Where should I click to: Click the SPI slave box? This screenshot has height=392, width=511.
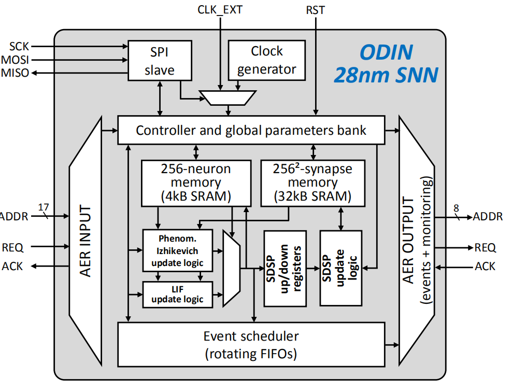[159, 61]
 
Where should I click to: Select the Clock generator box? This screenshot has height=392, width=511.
[266, 61]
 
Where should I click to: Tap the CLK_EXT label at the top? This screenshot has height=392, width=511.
[220, 9]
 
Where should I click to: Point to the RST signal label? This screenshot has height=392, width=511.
[316, 9]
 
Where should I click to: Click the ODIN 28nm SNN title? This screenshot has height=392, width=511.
[386, 63]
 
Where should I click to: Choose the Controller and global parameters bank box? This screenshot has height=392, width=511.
[251, 130]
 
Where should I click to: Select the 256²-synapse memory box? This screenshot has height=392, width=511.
[313, 183]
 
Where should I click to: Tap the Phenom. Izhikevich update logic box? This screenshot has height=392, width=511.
[177, 250]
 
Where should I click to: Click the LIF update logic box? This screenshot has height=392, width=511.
[177, 294]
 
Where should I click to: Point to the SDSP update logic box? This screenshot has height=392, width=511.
[340, 268]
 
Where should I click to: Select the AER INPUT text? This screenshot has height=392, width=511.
[86, 240]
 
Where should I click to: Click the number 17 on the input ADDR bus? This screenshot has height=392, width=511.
[44, 207]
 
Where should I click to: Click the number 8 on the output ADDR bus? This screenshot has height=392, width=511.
[456, 208]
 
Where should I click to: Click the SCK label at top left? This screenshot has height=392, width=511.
[19, 47]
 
